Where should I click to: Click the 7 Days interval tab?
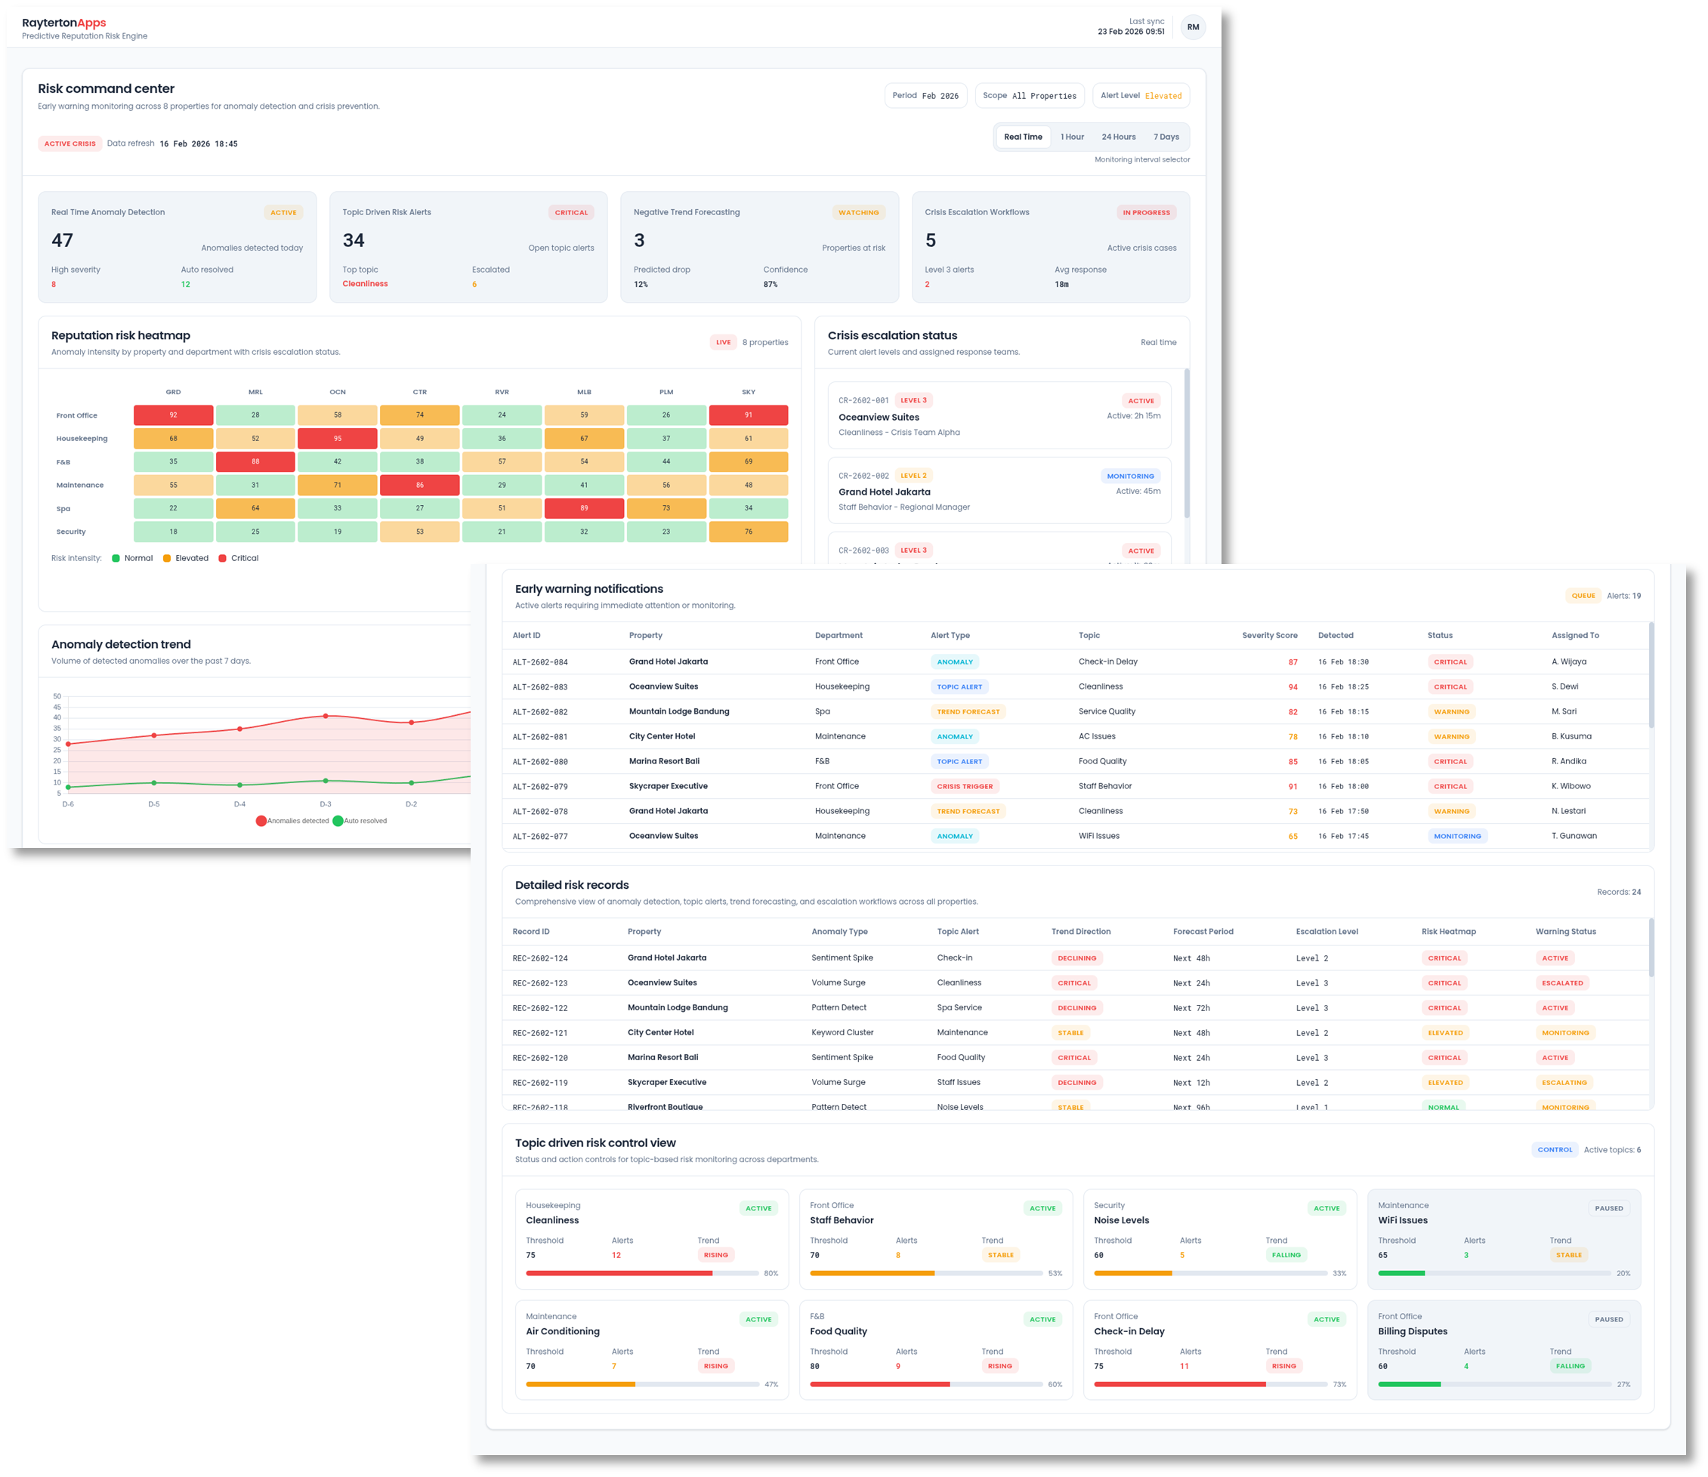(x=1166, y=137)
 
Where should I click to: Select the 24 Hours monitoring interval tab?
(x=1118, y=137)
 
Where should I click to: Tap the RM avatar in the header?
(x=1192, y=27)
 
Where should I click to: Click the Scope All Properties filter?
(x=1029, y=96)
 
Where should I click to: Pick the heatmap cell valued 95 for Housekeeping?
(x=337, y=439)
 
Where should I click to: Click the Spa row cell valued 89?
(x=584, y=507)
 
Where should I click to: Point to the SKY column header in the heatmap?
(x=748, y=393)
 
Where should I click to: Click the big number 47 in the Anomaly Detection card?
(x=62, y=241)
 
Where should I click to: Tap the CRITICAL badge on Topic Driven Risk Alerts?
(x=570, y=213)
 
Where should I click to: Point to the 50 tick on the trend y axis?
(x=57, y=696)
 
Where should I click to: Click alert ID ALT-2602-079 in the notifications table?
(x=540, y=786)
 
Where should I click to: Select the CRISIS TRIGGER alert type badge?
(x=965, y=786)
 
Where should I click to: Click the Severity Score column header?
(x=1268, y=636)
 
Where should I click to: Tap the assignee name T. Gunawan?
(x=1574, y=836)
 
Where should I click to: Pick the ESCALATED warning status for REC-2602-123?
(x=1562, y=982)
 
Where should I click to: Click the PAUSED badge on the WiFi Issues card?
(x=1608, y=1208)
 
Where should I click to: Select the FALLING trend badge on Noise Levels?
(x=1285, y=1255)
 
